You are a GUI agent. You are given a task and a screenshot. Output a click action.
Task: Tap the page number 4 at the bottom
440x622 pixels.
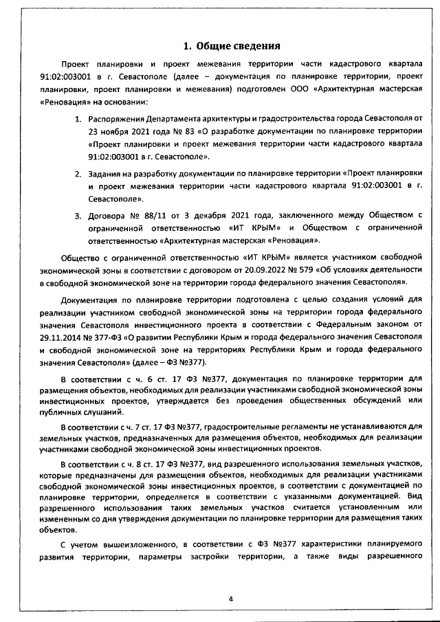coord(232,599)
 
